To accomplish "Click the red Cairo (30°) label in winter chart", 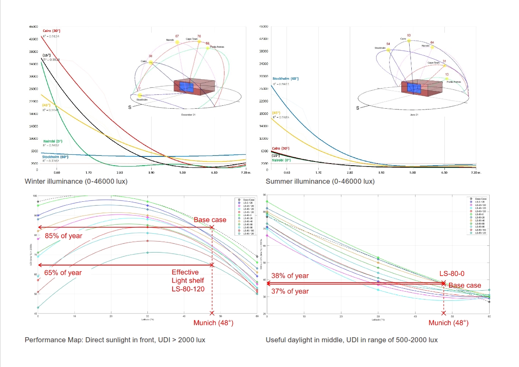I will point(52,31).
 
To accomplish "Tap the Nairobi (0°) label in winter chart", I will point(53,141).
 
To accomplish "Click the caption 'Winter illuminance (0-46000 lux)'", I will point(76,181).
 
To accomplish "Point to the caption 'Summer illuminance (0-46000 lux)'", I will point(320,181).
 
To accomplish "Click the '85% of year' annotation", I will point(64,236).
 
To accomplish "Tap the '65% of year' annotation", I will point(63,273).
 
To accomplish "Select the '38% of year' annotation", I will point(290,276).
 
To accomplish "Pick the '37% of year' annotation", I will point(290,291).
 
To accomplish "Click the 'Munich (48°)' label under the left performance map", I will point(213,323).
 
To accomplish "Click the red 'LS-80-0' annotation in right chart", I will point(452,273).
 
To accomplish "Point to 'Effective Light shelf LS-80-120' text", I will point(188,281).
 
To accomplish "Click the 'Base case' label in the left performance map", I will point(209,220).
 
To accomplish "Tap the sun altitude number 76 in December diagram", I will point(199,36).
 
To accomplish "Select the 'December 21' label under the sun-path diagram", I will point(188,115).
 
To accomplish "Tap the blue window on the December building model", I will point(186,87).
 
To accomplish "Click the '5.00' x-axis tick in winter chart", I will point(183,172).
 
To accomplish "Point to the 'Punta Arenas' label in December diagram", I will point(217,47).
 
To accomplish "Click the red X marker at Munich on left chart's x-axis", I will point(212,313).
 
